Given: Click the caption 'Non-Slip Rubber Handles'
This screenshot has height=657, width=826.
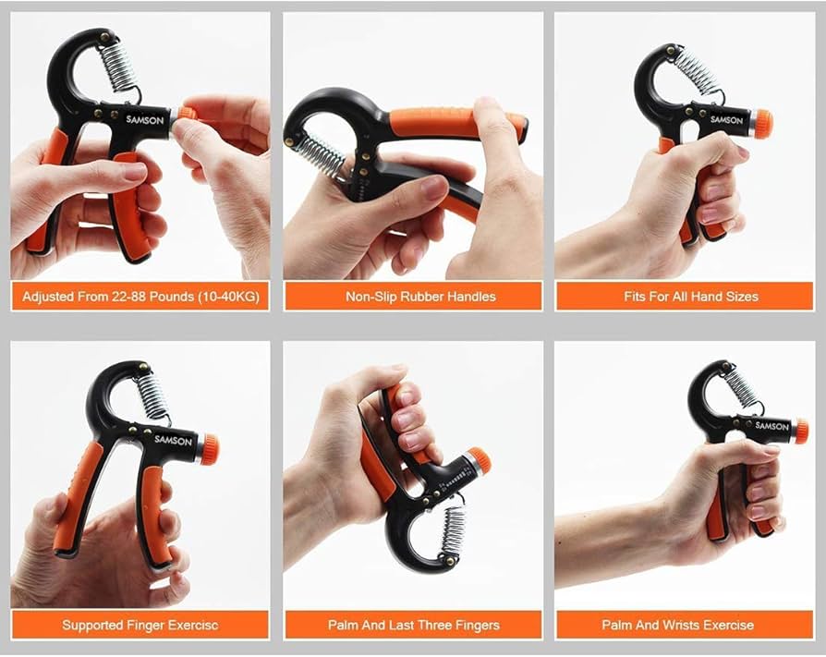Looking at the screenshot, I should [420, 297].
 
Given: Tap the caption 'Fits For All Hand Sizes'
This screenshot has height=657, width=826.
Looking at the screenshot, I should [690, 297].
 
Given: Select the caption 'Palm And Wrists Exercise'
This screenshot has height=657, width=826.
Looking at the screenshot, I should [690, 625].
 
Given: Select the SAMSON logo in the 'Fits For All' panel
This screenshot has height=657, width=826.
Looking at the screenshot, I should [726, 119].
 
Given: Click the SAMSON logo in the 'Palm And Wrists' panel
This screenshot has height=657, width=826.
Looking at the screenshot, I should [771, 426].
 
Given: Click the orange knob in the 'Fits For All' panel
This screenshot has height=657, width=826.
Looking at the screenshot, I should [762, 124].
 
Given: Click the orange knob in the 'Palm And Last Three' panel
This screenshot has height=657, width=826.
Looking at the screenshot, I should [476, 459].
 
